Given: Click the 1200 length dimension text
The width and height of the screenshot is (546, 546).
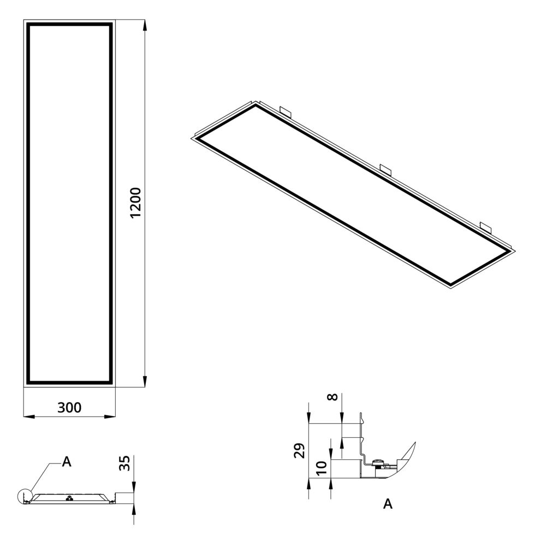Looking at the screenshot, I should pos(136,203).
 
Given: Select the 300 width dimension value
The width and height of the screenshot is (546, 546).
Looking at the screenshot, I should pos(69,407).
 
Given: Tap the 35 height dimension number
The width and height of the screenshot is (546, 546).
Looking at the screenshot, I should pos(124,464).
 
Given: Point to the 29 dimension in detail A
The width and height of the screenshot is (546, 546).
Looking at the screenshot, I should pos(299,451).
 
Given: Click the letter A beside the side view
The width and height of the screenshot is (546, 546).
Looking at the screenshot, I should pos(67,462).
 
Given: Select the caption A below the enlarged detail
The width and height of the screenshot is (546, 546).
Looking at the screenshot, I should pos(388,503).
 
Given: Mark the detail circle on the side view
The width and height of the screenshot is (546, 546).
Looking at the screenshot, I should pos(25,496).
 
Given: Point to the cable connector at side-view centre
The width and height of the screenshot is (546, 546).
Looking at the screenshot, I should pos(69,498).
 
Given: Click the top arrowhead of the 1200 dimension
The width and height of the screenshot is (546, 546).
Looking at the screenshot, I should pos(145,24).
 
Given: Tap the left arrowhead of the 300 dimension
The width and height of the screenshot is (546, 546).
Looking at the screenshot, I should pos(28,417).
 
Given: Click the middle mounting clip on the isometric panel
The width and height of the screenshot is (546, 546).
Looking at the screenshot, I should pos(386,169).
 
